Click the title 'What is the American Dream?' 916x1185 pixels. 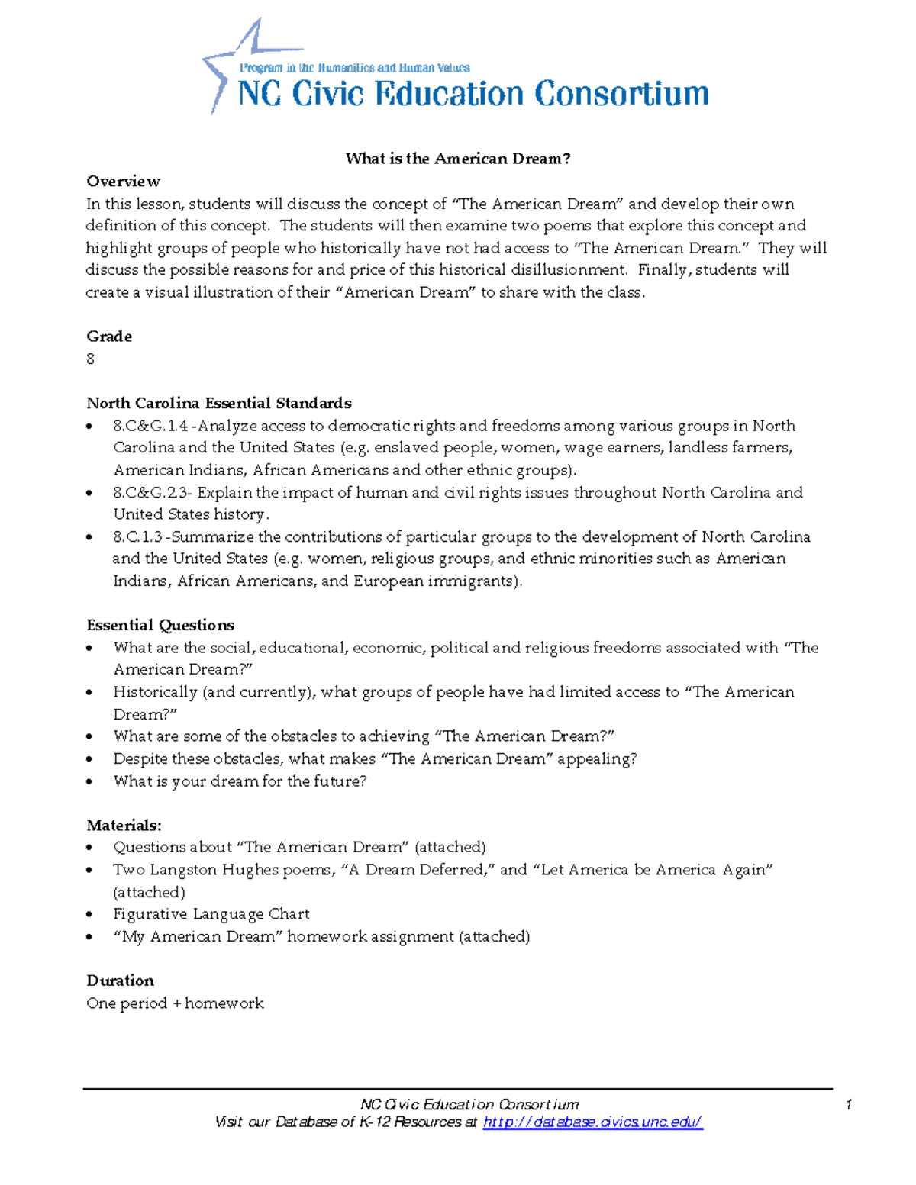457,159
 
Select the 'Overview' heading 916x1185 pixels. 123,181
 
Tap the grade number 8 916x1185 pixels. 91,359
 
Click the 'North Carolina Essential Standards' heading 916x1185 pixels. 218,403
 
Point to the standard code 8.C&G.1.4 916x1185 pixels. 150,426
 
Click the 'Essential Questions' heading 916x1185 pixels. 160,625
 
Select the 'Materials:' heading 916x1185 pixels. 124,825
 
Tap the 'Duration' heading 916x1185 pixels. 120,981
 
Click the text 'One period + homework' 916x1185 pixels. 175,1003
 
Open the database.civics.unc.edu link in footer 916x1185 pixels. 592,1122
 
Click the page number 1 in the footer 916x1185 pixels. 849,1105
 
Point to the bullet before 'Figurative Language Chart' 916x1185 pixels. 90,914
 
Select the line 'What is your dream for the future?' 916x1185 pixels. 240,781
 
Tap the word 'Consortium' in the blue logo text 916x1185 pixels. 621,94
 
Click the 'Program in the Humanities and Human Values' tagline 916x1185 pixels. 354,68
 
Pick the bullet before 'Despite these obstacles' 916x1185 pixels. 90,759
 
